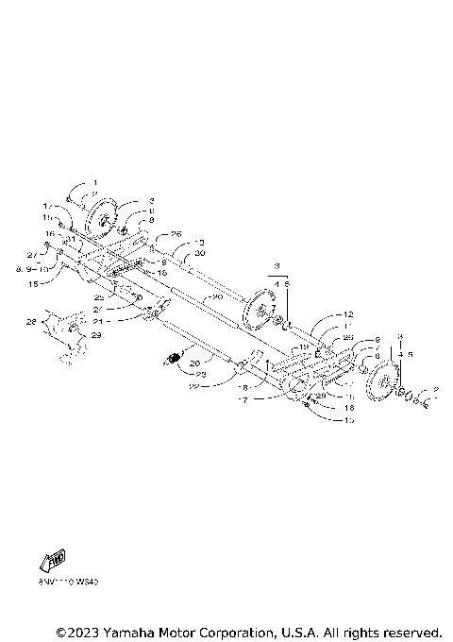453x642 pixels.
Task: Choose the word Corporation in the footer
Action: click(238, 632)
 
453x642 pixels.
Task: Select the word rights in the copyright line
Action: click(362, 632)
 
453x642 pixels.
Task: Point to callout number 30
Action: click(199, 254)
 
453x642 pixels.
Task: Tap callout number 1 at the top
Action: click(94, 181)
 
